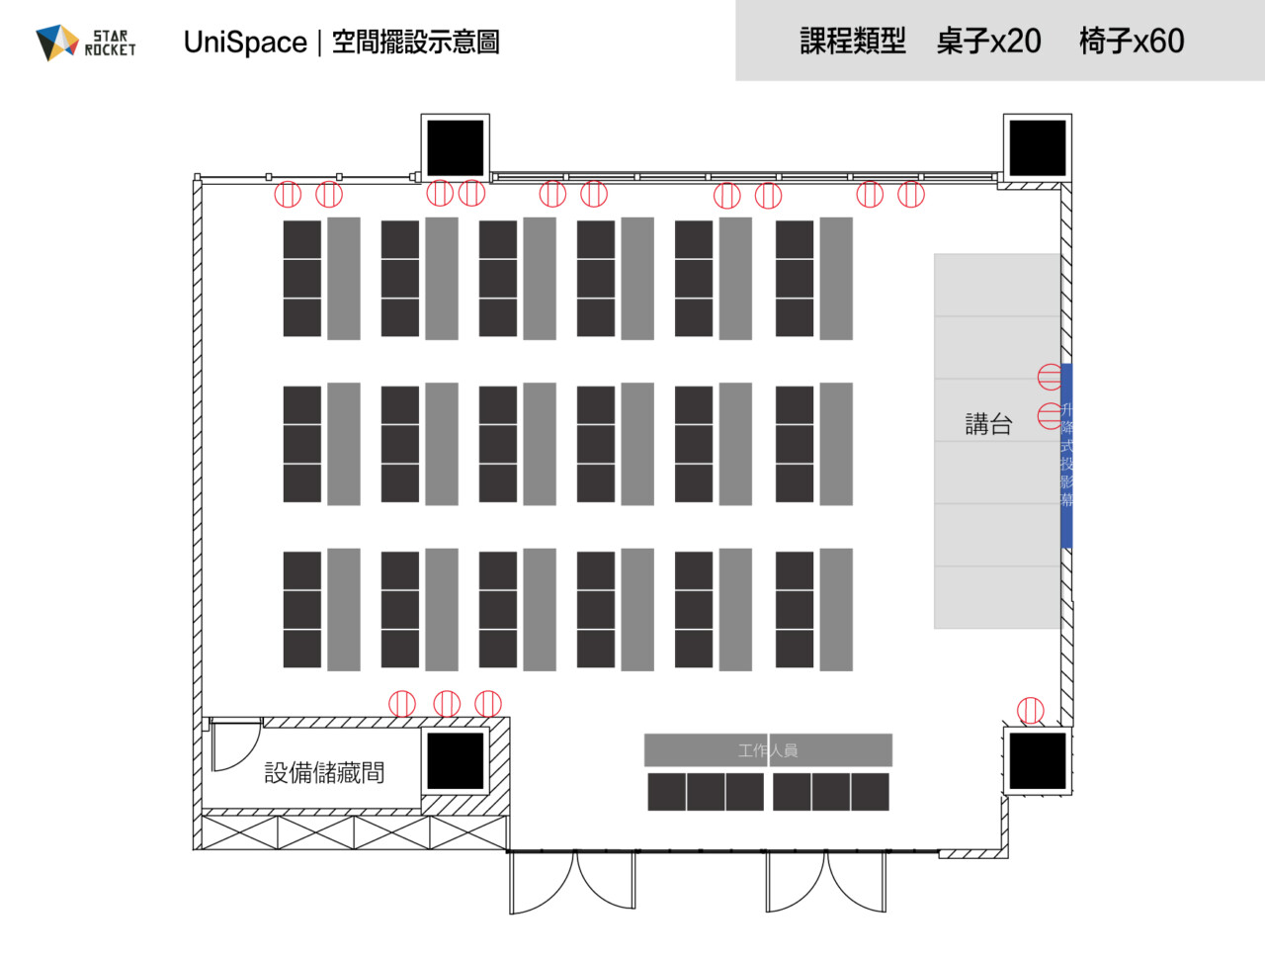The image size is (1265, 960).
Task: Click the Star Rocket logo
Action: coord(85,43)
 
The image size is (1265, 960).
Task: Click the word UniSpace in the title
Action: coord(245,43)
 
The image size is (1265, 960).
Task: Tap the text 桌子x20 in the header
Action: coord(988,41)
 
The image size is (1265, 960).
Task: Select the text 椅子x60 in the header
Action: coord(1132,41)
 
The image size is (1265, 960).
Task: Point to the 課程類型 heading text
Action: coord(852,41)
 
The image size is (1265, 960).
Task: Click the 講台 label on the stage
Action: coord(988,424)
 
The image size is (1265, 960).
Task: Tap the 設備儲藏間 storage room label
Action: coord(324,772)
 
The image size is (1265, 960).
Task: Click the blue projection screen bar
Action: coord(1066,455)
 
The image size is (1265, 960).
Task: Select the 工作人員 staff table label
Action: coord(768,750)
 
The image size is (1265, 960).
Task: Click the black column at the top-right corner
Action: coord(1038,148)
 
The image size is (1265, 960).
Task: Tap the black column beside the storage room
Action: coord(456,761)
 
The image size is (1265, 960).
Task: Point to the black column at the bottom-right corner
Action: coord(1038,761)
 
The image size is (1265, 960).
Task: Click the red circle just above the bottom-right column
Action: coord(1031,710)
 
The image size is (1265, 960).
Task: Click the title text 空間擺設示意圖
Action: coord(415,43)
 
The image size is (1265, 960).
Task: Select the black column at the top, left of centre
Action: coord(456,148)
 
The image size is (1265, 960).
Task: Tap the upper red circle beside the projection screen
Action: coord(1051,377)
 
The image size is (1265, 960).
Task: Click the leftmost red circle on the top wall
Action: coord(288,194)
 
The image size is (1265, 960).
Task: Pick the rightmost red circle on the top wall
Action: coord(911,195)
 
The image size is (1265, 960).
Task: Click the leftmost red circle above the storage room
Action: coord(402,703)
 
